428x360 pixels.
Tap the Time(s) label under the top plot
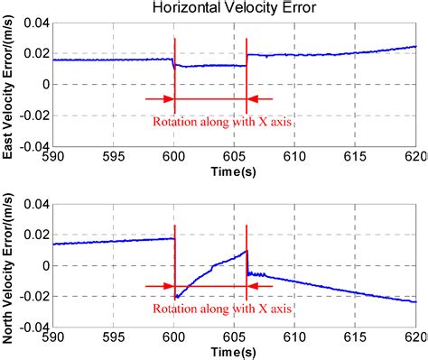click(x=234, y=171)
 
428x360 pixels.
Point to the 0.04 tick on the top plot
click(x=35, y=23)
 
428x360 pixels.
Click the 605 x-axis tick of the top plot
click(x=234, y=156)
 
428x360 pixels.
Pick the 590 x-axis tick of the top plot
click(x=53, y=156)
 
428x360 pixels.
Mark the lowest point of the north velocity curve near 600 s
click(x=177, y=297)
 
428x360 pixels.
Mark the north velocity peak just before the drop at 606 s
click(x=246, y=252)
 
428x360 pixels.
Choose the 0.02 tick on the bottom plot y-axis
click(x=35, y=235)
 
